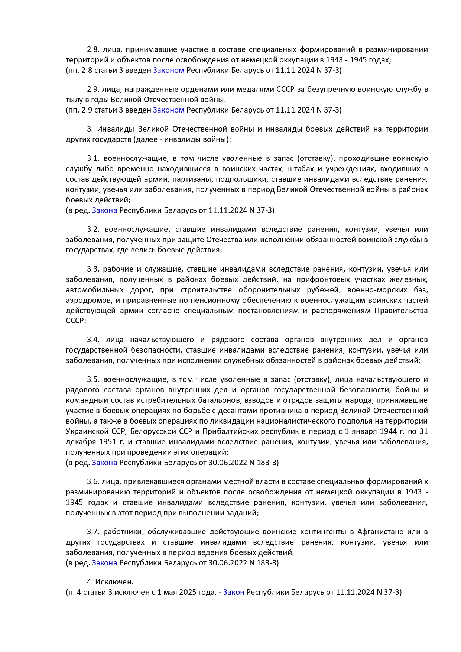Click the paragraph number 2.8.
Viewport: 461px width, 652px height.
(93, 50)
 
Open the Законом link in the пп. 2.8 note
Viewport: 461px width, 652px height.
(169, 70)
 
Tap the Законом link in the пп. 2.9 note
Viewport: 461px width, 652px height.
(169, 110)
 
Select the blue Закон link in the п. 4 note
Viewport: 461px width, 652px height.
(234, 592)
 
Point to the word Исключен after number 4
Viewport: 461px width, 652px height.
(114, 582)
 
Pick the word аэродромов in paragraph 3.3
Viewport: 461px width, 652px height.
(87, 300)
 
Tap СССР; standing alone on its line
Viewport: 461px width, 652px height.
(76, 321)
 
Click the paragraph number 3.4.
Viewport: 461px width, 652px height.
(94, 340)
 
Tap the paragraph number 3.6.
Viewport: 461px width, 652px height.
(93, 482)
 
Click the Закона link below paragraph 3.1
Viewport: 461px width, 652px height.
(105, 211)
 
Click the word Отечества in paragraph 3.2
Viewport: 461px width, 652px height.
(224, 240)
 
